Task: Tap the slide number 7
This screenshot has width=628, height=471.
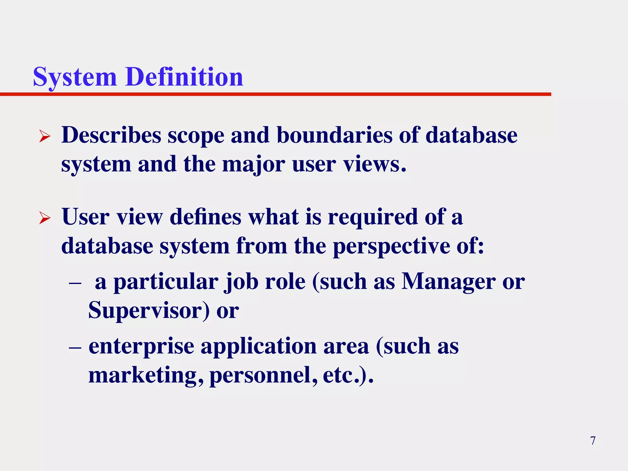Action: click(593, 441)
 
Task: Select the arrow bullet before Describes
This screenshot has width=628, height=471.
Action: click(45, 136)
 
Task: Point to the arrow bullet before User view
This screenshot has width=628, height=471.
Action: click(45, 218)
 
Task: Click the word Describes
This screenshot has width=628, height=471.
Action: click(111, 135)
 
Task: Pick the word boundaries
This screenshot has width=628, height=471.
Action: click(334, 135)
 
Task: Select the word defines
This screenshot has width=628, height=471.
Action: click(205, 217)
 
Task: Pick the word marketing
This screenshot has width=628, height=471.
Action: click(146, 375)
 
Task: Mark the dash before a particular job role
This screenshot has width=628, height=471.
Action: click(75, 282)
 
